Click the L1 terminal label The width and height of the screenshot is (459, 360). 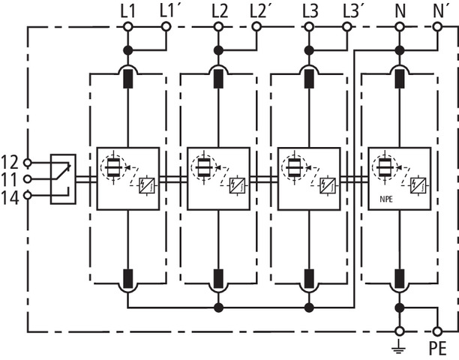[x=127, y=10]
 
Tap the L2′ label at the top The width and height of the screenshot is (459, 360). [x=259, y=10]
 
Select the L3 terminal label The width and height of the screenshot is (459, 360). [x=309, y=10]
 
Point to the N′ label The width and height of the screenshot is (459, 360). [x=441, y=10]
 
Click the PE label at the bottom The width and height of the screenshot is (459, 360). [x=438, y=349]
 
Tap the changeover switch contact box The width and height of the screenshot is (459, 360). [x=63, y=178]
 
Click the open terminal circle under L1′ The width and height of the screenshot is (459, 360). [x=166, y=27]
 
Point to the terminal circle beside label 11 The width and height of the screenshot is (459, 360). [x=28, y=178]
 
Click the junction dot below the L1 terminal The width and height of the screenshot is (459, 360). [x=128, y=49]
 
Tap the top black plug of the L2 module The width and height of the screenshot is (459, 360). [x=218, y=78]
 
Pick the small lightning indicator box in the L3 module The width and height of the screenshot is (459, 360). [x=325, y=182]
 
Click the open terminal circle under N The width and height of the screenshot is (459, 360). [x=399, y=27]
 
